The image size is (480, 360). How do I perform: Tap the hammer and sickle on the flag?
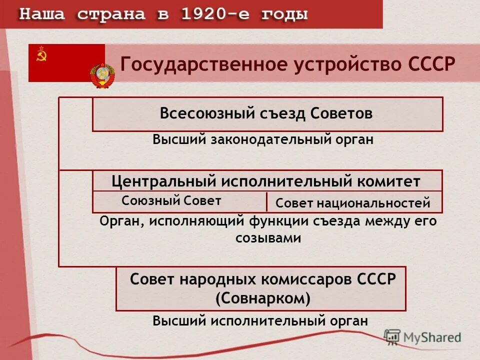coord(41,56)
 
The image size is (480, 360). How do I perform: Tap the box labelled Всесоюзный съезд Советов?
coord(267,114)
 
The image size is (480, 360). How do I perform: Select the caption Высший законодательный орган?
coord(263,139)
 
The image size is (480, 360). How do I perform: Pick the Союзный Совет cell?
coord(171,201)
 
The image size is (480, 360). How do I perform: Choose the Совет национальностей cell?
coord(353,202)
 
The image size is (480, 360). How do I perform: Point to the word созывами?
coord(268,238)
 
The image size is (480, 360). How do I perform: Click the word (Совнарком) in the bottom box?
coord(263,298)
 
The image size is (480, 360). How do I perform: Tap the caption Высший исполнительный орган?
coord(260,320)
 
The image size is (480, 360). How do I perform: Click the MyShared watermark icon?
coord(392,337)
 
